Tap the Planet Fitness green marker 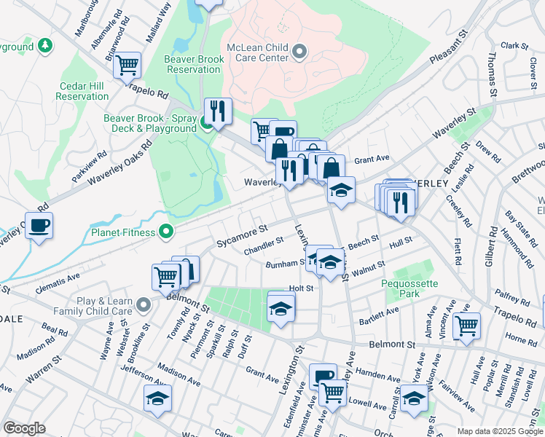167,232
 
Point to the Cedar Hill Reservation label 82,91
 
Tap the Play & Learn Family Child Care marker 144,305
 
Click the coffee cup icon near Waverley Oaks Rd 39,224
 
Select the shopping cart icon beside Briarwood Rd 128,66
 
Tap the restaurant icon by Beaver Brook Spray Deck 218,111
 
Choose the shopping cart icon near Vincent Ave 466,325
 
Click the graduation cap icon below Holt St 281,308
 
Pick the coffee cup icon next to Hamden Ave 323,377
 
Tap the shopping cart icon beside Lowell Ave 333,393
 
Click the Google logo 24,428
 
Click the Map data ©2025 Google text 499,431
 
